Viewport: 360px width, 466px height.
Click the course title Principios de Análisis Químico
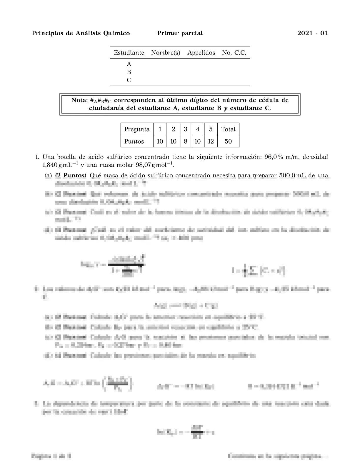tap(81, 33)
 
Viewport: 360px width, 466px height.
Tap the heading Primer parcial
tap(180, 33)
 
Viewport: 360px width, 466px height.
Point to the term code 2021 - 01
tap(312, 33)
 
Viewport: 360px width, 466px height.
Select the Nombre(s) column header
tap(166, 53)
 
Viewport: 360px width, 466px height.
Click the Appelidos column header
tap(201, 53)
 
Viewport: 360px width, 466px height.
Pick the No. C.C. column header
tap(234, 53)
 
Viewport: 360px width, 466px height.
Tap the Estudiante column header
tap(129, 53)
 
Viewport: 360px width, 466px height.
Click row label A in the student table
tap(129, 64)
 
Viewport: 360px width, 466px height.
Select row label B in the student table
tap(129, 72)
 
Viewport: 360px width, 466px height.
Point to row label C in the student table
tap(129, 80)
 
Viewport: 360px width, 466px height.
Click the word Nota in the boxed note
tap(79, 100)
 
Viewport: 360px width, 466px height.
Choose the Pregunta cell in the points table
tap(137, 129)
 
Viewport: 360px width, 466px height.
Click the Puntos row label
tap(134, 142)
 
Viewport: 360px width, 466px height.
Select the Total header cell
tap(228, 129)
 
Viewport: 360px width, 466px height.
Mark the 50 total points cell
tap(228, 142)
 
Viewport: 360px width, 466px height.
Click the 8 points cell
tap(185, 142)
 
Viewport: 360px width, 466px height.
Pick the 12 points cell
tap(211, 142)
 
